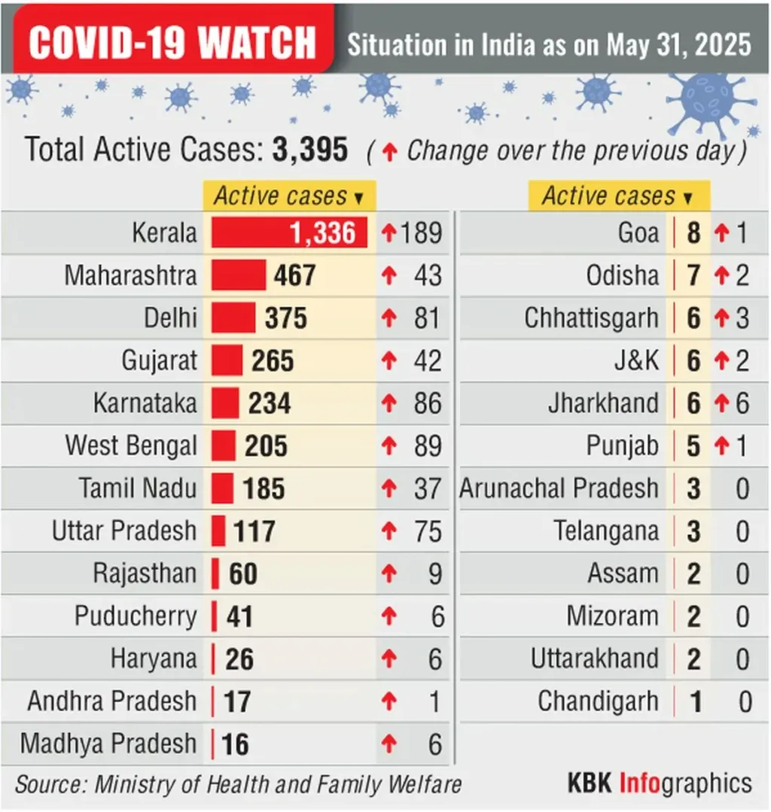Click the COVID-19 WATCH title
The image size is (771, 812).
[x=172, y=42]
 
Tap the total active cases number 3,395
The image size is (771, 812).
[x=310, y=150]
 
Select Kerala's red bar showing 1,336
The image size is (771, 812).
[x=289, y=233]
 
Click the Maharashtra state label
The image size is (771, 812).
[x=130, y=275]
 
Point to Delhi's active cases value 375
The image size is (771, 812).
[x=286, y=318]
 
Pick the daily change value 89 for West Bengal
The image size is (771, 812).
[x=427, y=446]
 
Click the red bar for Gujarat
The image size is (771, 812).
[x=227, y=360]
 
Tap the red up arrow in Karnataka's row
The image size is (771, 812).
[x=389, y=403]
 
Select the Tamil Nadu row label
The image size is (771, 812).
[x=138, y=488]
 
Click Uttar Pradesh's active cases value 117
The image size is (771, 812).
[x=254, y=531]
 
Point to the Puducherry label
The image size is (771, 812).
[x=136, y=617]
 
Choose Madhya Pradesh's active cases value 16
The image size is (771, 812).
[x=235, y=744]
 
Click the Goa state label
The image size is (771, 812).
[x=638, y=233]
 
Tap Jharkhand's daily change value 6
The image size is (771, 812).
[x=742, y=403]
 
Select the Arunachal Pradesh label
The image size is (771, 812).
[x=559, y=488]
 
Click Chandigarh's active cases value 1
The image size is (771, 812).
[x=696, y=702]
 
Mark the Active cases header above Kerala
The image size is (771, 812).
[x=289, y=196]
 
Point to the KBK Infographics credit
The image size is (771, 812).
[x=660, y=783]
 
